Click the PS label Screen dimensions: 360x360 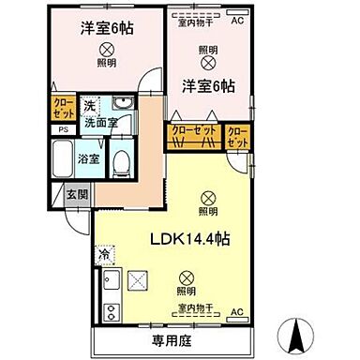pyautogui.click(x=63, y=129)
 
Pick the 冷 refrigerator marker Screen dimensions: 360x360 pyautogui.click(x=103, y=253)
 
